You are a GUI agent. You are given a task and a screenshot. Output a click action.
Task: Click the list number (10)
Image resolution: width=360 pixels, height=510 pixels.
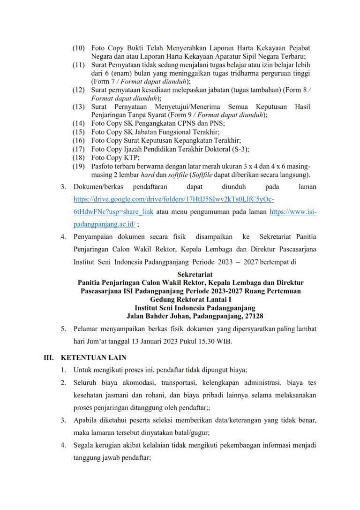click(x=79, y=48)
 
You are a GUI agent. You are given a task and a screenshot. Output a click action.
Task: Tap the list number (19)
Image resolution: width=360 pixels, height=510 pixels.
click(x=79, y=167)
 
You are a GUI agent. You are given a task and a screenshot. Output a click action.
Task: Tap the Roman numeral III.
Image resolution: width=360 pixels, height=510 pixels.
click(x=49, y=358)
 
